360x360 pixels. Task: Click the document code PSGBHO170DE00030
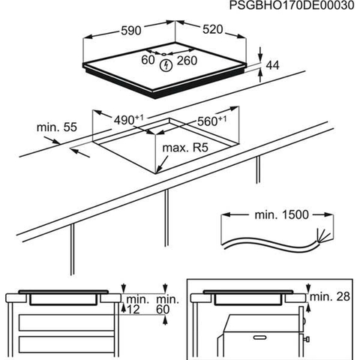292,5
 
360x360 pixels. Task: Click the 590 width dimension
131,31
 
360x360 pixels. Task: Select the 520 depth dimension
212,29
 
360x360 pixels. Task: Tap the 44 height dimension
272,65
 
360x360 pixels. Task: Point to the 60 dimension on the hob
148,60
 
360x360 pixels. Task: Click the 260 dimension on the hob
187,61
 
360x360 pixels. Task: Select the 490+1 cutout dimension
129,120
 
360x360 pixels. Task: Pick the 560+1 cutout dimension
212,121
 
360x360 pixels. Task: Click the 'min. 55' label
57,127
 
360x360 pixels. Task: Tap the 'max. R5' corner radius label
185,148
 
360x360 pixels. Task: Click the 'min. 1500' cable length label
282,214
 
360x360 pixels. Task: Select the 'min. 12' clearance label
137,304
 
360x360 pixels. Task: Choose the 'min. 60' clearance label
167,304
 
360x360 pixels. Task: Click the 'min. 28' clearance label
330,297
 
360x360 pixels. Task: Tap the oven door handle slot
259,337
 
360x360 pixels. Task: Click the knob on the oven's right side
307,339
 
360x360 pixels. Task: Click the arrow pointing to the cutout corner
162,163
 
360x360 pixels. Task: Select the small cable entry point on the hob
163,54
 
